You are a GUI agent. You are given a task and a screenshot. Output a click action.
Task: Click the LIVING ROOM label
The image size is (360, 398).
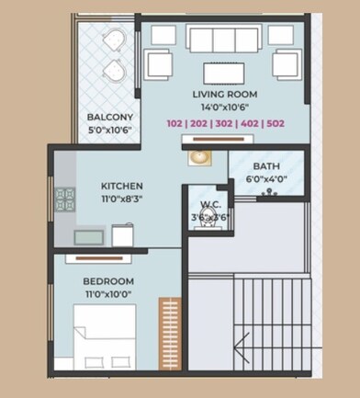point(225,94)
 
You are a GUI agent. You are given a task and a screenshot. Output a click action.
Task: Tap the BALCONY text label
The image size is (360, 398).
point(110,117)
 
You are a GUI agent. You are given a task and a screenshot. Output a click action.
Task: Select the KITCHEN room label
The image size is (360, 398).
point(122,186)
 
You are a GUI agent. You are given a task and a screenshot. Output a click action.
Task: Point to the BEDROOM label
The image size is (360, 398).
point(108,281)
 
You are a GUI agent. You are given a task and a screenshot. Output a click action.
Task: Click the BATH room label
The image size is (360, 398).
point(266,166)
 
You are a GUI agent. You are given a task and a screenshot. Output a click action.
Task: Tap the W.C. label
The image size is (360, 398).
point(210,204)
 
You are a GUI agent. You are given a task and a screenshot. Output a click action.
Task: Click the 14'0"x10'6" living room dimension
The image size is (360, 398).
point(225,108)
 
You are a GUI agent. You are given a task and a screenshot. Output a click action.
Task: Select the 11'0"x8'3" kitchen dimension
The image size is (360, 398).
point(122,199)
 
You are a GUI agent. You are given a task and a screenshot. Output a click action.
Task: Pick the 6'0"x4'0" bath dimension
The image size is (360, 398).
point(266,179)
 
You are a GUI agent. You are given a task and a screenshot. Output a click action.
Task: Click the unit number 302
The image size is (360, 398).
point(224,123)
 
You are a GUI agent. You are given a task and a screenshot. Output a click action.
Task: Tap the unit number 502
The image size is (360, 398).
point(276,123)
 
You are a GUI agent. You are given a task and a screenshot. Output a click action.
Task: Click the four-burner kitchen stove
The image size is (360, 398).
point(65,199)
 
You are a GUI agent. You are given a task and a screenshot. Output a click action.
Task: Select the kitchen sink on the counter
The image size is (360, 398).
point(89,237)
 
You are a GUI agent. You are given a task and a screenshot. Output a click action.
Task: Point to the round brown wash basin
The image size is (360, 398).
point(199,158)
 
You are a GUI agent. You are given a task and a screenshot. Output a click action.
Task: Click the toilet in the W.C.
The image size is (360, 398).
point(208,218)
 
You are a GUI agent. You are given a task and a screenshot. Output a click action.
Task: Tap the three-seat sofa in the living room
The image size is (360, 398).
point(224,40)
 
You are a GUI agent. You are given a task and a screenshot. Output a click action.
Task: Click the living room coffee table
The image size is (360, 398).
point(224,74)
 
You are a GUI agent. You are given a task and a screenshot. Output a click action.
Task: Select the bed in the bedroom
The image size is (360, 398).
point(105,336)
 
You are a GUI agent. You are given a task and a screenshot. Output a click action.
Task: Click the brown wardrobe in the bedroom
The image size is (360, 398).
point(170,334)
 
